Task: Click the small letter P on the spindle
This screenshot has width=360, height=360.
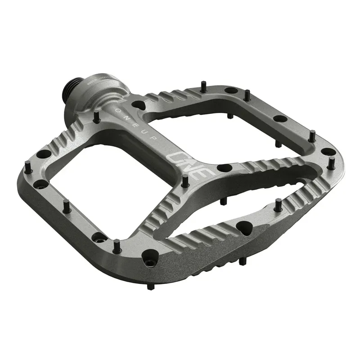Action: [155, 143]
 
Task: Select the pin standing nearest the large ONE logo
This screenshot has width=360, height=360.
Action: [184, 180]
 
